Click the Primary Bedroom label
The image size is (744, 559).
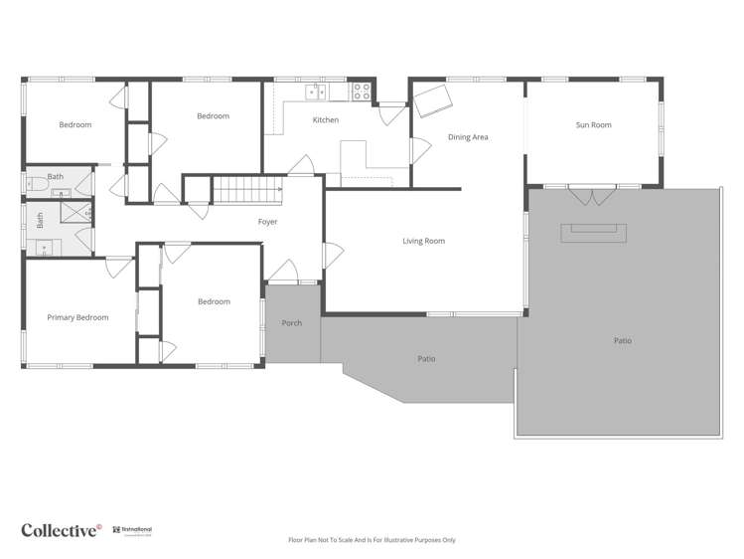point(77,317)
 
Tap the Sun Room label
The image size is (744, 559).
point(593,125)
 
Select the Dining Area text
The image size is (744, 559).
point(468,137)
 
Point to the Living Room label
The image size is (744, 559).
point(423,241)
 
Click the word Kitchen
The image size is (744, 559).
point(326,120)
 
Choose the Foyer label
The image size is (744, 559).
point(267,222)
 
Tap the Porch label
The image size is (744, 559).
point(292,323)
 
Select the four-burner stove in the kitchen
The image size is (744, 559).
point(362,93)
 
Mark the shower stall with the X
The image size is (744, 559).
point(75,212)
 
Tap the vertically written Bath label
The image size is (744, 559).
point(41,221)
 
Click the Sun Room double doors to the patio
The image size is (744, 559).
point(592,195)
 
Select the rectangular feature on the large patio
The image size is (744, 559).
point(594,233)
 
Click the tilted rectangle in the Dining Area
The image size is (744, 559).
point(435,100)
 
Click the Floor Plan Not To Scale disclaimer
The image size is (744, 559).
point(372,540)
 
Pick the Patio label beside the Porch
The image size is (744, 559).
point(426,359)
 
